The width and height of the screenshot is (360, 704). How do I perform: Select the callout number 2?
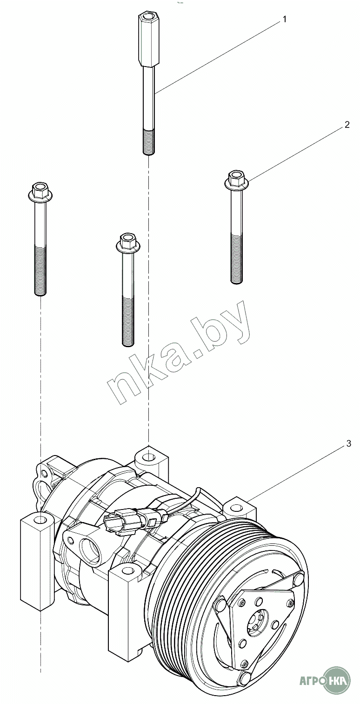347,125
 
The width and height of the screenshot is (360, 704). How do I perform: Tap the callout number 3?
348,443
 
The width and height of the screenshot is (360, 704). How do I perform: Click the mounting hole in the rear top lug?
148,456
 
